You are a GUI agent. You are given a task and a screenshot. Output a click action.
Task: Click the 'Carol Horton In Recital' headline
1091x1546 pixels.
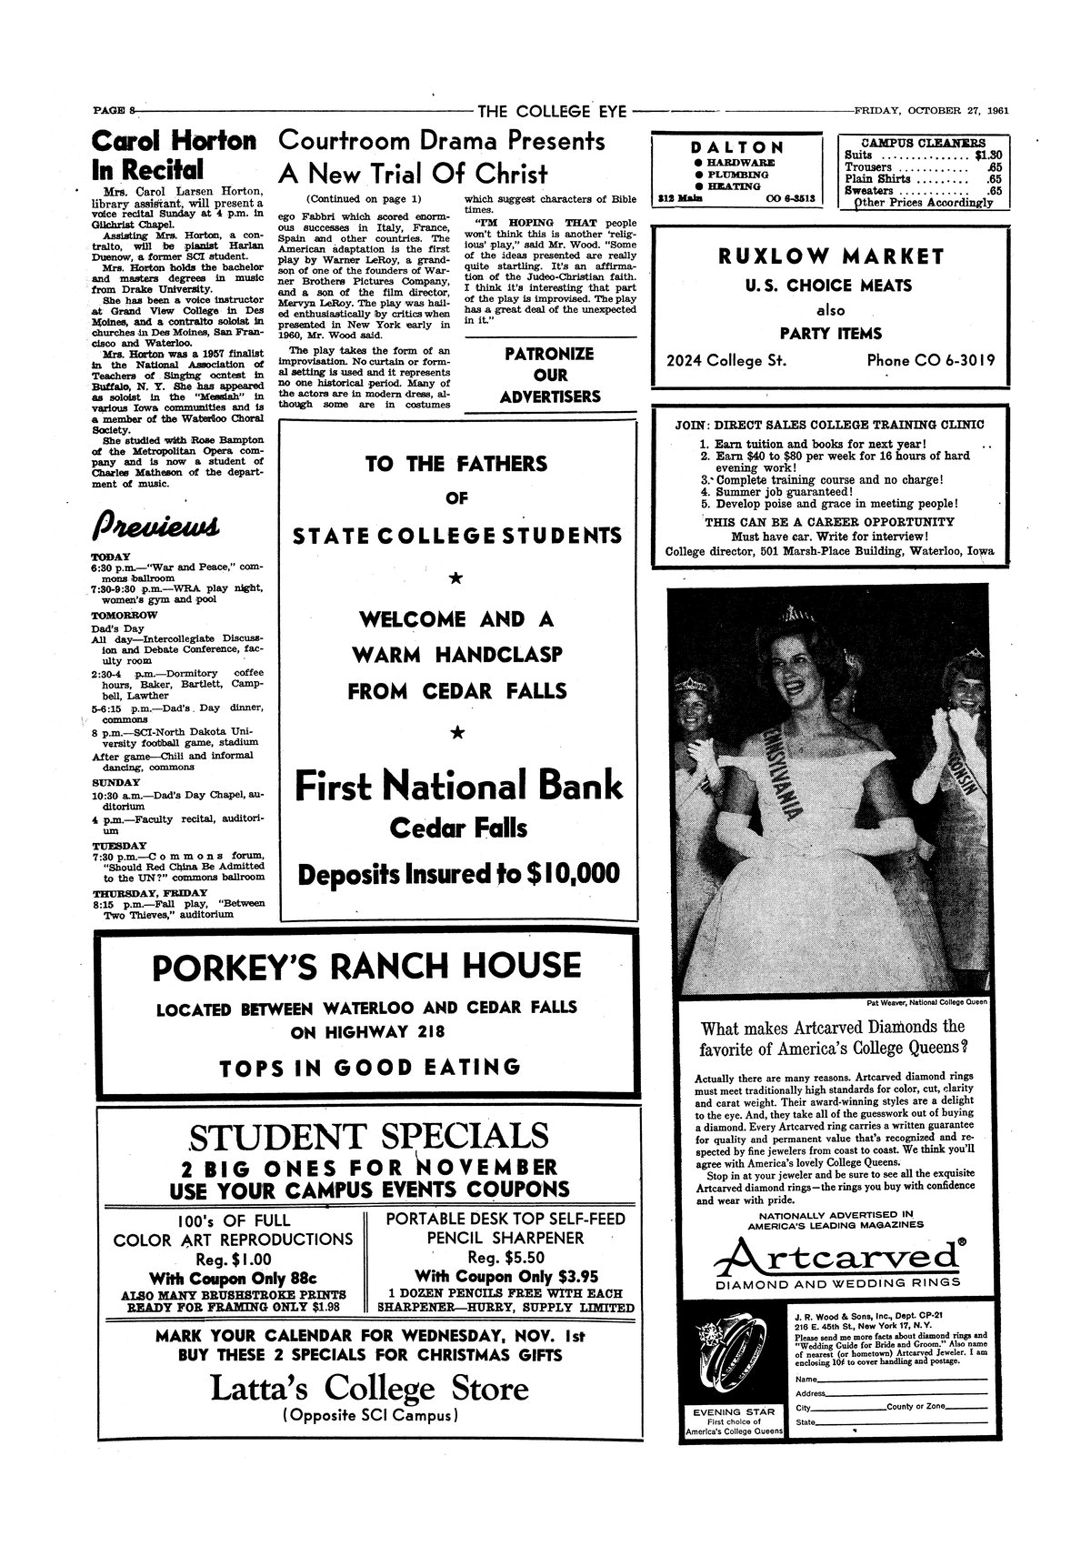pos(175,156)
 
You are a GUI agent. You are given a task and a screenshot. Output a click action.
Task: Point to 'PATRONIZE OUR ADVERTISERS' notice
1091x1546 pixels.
pos(550,375)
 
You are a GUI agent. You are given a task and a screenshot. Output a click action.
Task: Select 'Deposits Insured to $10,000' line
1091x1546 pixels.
pos(459,874)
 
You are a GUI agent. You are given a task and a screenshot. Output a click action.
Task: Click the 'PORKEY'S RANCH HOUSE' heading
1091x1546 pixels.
pos(366,967)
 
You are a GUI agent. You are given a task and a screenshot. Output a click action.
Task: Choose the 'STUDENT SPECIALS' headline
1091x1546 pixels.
pos(368,1136)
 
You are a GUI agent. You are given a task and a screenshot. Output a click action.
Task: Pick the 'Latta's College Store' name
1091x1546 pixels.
pos(368,1389)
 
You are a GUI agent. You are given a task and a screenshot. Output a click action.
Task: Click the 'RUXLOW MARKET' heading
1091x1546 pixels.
pos(831,256)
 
